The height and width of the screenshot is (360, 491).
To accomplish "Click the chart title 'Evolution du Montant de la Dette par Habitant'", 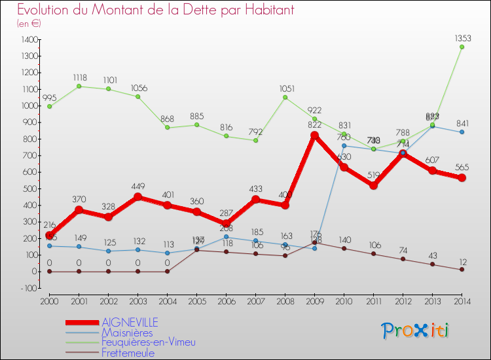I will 156,10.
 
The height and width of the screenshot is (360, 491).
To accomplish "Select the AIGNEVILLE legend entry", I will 129,322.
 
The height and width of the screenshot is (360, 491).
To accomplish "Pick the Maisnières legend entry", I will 127,333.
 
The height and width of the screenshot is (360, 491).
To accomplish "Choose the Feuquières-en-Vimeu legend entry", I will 148,342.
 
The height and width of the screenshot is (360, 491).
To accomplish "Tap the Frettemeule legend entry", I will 128,353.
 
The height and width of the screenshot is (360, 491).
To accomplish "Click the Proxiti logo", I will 416,331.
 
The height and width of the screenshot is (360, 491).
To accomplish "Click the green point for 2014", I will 462,47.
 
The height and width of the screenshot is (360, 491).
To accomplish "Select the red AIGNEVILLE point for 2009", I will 314,135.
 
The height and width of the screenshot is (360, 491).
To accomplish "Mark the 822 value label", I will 314,124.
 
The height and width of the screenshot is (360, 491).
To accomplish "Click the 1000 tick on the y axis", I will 27,105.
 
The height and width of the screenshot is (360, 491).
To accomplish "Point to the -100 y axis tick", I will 28,288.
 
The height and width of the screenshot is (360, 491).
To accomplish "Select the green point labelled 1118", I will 79,86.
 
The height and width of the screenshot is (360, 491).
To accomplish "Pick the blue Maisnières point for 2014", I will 462,132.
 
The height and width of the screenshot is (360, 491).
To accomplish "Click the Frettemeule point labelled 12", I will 462,270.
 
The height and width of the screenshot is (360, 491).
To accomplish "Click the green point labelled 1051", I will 285,98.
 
